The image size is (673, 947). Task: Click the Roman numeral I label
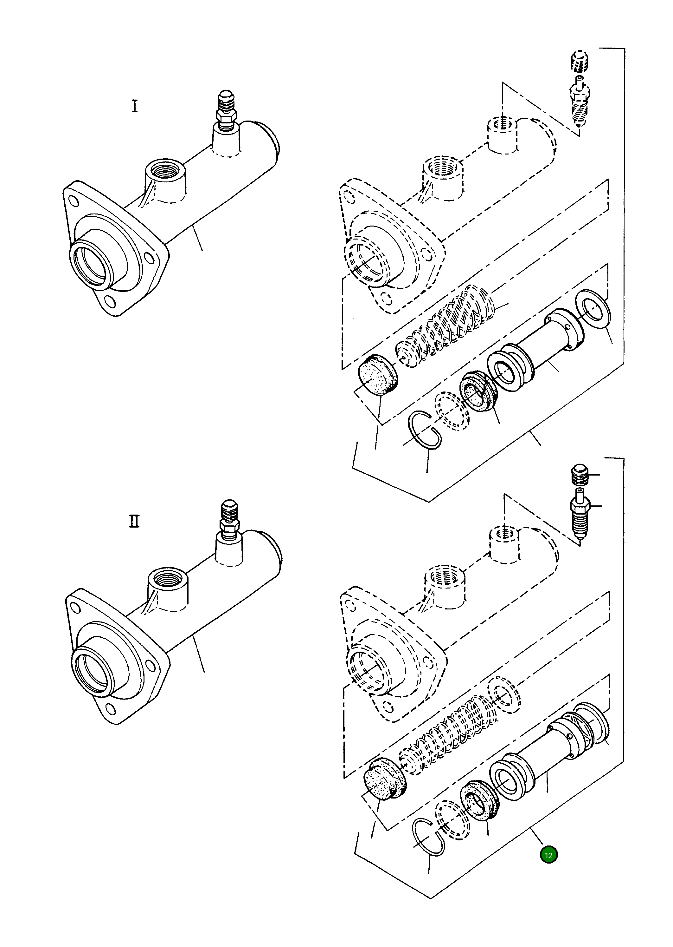[x=135, y=107]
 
